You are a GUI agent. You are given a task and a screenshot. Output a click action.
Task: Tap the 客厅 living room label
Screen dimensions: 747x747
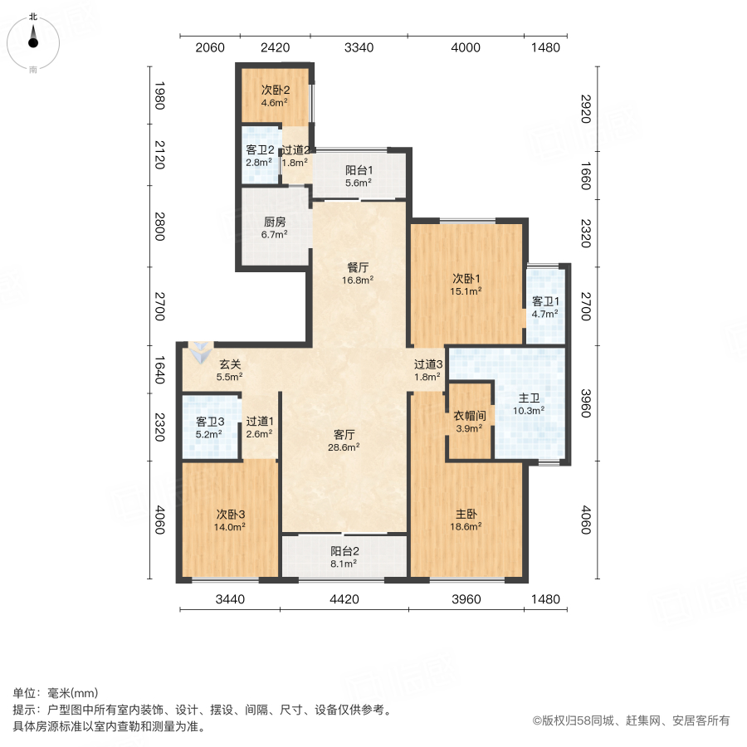344,433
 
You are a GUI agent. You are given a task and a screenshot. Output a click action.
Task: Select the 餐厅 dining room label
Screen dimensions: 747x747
359,267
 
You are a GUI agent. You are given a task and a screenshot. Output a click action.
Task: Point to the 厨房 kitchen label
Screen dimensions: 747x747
275,222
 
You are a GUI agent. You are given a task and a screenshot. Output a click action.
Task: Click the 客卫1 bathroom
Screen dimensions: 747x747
544,307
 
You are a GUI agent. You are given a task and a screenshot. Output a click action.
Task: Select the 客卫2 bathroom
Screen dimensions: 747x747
259,156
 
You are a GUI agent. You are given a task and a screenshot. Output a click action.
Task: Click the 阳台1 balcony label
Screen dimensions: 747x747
359,170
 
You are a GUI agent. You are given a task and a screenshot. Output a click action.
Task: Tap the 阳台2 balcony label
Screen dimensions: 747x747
344,556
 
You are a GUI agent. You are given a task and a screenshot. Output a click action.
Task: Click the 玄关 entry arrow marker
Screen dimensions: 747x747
199,352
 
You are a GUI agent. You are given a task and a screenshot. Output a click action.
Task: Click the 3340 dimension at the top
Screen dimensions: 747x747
359,47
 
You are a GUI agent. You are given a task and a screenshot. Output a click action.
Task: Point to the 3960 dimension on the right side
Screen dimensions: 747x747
586,402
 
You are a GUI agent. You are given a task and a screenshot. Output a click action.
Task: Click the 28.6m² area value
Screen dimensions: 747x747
344,447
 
